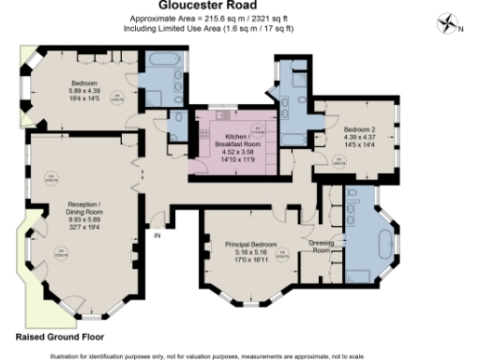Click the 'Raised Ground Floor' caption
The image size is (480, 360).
point(61,336)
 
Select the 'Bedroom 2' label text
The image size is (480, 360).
point(359,128)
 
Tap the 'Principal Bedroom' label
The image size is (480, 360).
point(254,244)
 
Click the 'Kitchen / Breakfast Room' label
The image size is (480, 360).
point(229,141)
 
